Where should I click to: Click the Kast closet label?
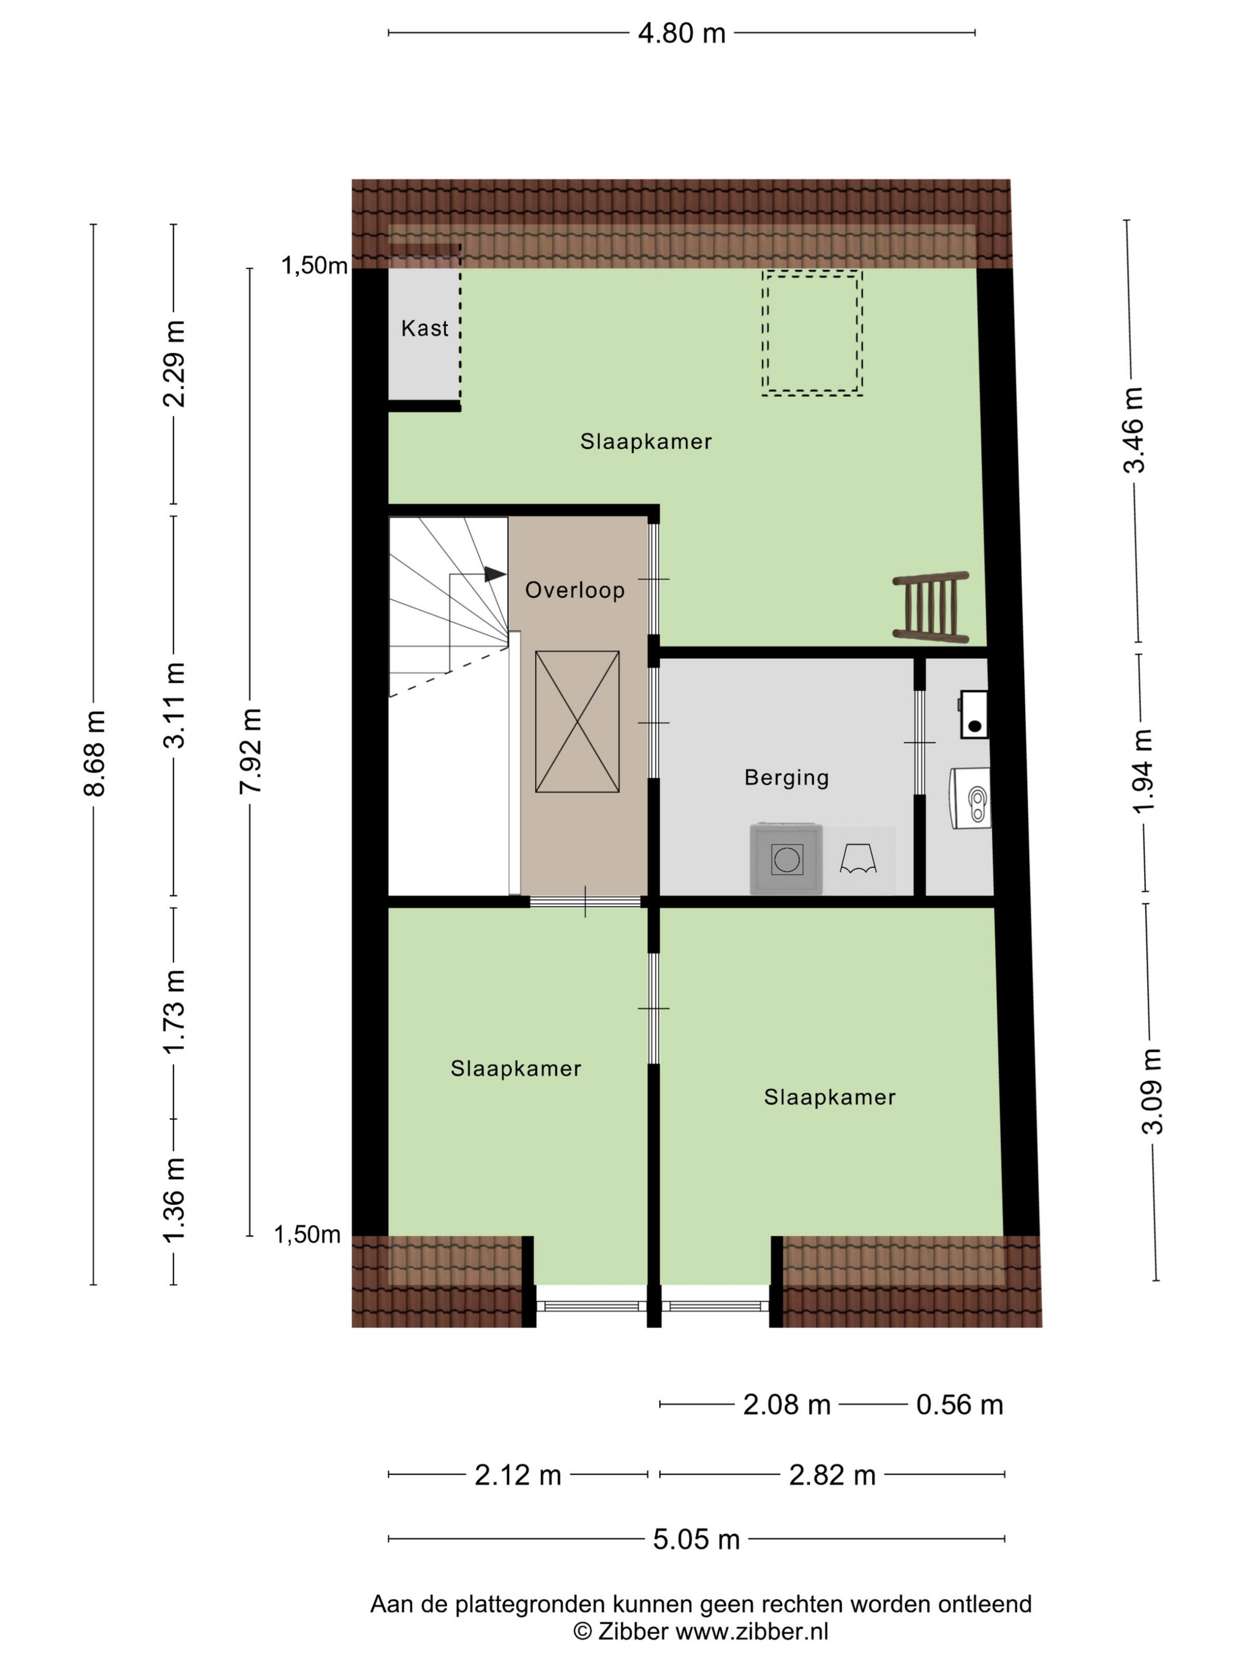(x=424, y=328)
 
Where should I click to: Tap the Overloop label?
(x=574, y=590)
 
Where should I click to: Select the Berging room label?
(x=786, y=777)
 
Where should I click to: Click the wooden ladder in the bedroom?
(x=930, y=608)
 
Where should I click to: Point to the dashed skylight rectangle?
(x=812, y=332)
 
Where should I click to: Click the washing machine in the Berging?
(x=786, y=859)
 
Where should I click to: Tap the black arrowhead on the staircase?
(x=494, y=574)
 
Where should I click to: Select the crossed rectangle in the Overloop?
(x=577, y=721)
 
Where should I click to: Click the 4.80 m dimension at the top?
(x=681, y=33)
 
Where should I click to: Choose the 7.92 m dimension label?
(x=250, y=751)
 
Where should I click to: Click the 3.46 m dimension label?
(x=1133, y=430)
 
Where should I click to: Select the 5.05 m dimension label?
(x=696, y=1540)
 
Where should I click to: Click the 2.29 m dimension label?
(x=174, y=364)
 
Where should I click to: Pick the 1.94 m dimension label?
(x=1142, y=772)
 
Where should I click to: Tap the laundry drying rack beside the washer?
(x=858, y=859)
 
